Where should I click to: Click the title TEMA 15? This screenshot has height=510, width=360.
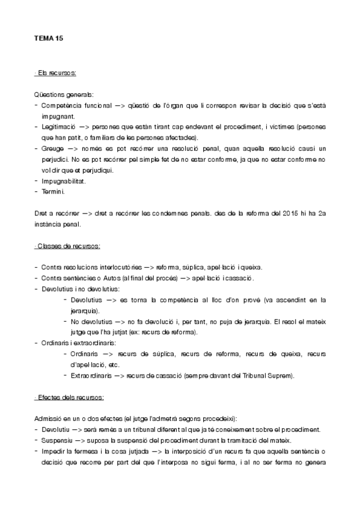tap(48, 38)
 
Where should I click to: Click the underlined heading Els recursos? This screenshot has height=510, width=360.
tap(55, 73)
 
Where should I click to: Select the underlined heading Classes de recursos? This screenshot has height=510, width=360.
tap(67, 247)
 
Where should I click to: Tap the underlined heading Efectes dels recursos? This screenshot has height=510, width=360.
tap(70, 398)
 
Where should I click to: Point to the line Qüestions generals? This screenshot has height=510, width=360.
tap(64, 94)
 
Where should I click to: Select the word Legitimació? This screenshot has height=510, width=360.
tap(58, 127)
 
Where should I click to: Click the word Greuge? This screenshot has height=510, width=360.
tap(52, 149)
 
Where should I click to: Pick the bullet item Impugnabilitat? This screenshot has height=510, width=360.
tap(63, 181)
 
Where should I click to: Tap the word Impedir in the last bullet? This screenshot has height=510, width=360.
tap(53, 450)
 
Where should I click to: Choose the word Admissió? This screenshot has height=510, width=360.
tap(49, 418)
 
